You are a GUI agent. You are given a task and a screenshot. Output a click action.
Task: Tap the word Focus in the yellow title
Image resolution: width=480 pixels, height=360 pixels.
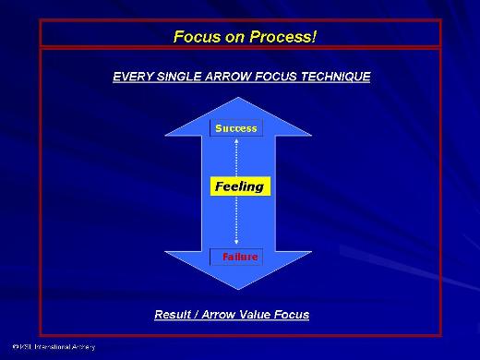194,37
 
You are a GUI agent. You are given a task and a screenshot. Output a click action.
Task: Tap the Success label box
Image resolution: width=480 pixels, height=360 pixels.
236,128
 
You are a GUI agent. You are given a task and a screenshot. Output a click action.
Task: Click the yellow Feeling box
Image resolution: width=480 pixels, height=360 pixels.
239,186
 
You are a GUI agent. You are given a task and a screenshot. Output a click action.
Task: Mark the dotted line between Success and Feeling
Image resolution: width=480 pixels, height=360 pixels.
236,156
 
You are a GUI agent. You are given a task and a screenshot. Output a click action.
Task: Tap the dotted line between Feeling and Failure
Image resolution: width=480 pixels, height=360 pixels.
236,222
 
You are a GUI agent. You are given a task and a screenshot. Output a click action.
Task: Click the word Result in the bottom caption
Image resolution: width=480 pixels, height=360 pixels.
174,315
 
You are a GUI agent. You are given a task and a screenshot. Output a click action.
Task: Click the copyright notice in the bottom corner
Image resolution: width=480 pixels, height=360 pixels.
48,348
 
